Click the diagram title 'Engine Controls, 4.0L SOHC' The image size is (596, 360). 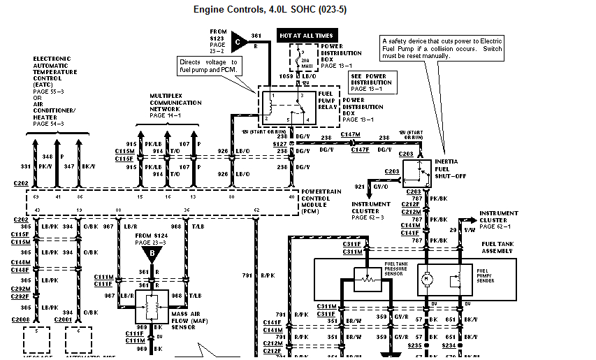tap(270, 10)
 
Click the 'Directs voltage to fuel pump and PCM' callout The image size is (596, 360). tap(209, 66)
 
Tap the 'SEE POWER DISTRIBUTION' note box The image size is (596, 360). tap(371, 82)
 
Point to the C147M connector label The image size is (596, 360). tap(350, 133)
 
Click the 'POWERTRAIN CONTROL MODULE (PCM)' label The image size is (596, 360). tap(321, 200)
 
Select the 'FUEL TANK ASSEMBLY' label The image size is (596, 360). tap(497, 248)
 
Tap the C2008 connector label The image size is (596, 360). tap(21, 319)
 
